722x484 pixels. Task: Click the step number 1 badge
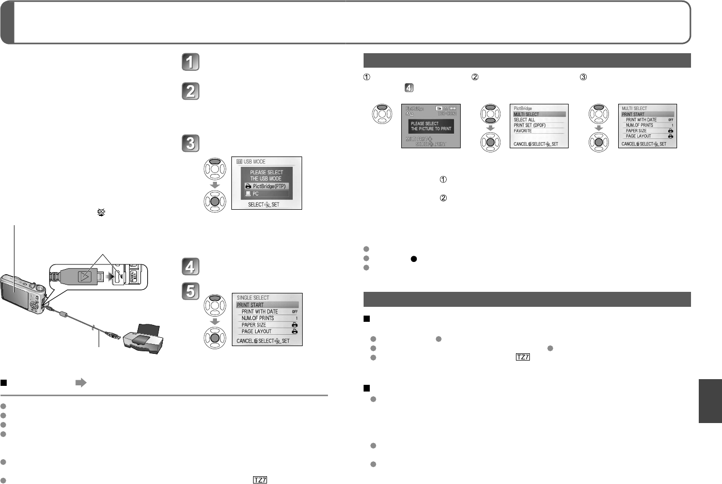click(x=190, y=62)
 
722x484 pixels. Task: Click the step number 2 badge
click(x=190, y=91)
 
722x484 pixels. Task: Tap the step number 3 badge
click(x=190, y=143)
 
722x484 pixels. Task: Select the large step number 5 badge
click(x=190, y=291)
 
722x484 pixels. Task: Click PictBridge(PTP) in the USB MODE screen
click(x=266, y=186)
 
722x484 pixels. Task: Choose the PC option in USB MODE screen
click(x=266, y=194)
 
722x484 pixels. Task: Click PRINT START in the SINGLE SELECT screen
click(x=250, y=305)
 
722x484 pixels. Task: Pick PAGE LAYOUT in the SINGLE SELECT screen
click(x=256, y=332)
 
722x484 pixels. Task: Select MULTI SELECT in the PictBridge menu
click(x=526, y=114)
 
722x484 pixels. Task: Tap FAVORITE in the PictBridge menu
click(x=523, y=131)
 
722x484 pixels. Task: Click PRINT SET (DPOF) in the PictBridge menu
click(x=529, y=126)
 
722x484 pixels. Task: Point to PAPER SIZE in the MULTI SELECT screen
click(x=636, y=131)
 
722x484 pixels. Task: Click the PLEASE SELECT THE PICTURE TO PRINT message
click(x=431, y=126)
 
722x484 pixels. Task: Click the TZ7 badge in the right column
click(x=523, y=357)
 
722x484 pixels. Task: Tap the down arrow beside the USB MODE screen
click(x=215, y=185)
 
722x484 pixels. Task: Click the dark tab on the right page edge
click(x=710, y=401)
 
